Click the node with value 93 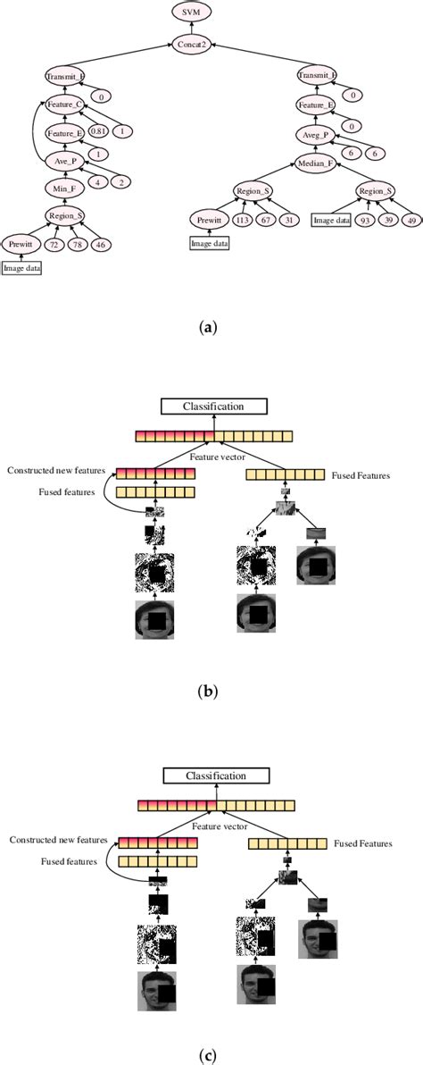click(364, 220)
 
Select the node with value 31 click(289, 220)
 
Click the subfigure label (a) click(211, 327)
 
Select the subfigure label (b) click(211, 691)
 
